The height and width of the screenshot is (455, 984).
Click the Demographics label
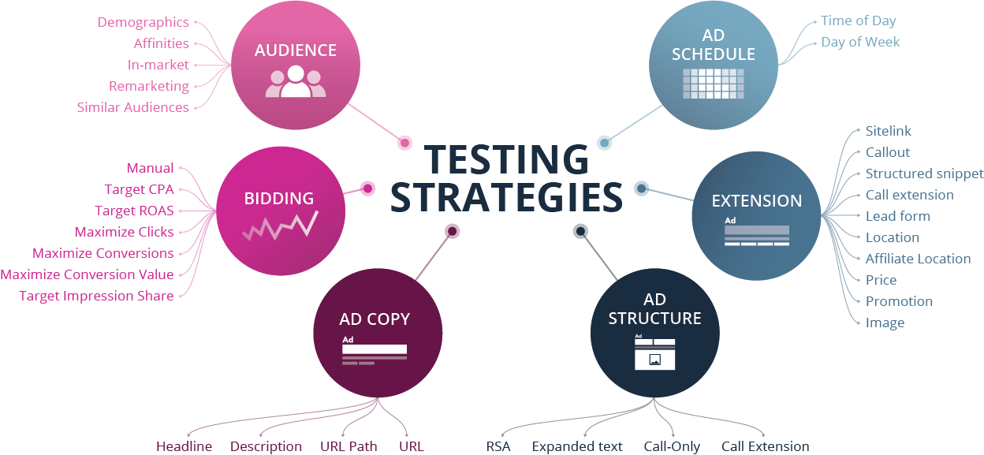coord(143,22)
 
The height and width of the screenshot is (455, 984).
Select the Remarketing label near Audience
coord(148,86)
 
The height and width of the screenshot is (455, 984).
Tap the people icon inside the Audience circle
coord(295,81)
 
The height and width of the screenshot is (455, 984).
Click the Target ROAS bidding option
coord(134,211)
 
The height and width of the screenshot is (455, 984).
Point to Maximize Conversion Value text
coord(87,274)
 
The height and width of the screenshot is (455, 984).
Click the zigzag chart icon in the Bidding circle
coord(279,226)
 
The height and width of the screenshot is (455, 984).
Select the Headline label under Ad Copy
coord(184,446)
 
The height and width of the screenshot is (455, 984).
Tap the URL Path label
coord(348,446)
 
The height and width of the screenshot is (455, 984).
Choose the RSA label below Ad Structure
coord(498,446)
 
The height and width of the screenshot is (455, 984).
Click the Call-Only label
coord(671,446)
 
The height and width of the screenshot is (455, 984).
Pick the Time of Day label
coord(858,21)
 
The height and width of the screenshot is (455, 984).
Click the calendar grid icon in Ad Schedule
coord(713,82)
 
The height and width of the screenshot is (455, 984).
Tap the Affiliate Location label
coord(918,259)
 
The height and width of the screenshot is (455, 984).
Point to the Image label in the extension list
coord(885,323)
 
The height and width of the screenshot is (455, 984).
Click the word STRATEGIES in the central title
coord(506,198)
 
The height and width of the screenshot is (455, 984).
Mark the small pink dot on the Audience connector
coord(404,143)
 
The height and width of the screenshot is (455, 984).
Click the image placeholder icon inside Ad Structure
coord(654,360)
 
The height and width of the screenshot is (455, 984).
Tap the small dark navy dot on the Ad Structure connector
coord(580,230)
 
